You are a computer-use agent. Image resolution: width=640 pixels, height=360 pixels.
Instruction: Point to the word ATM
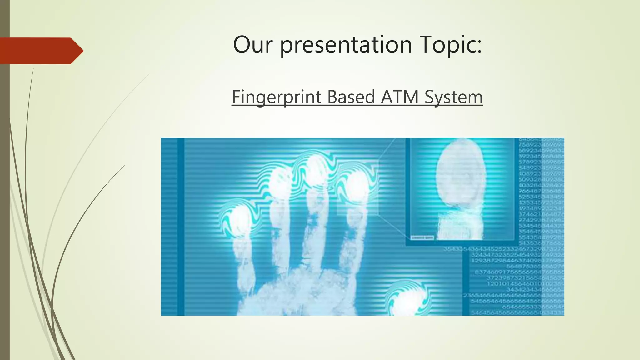(400, 97)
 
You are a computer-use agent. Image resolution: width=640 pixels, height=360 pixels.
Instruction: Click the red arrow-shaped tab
(41, 51)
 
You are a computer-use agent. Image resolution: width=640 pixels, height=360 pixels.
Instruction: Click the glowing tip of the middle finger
(316, 170)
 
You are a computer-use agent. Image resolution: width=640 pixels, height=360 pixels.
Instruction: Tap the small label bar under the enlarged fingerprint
(422, 238)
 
